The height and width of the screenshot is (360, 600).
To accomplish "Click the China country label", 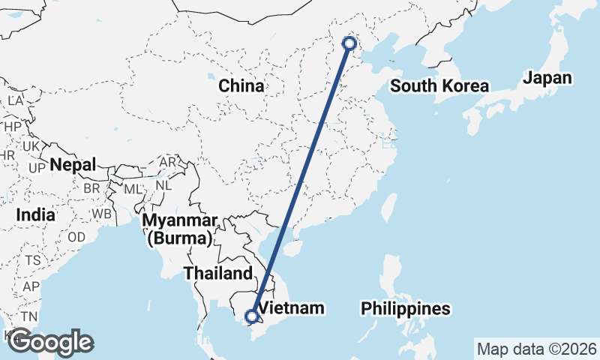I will point(241,85).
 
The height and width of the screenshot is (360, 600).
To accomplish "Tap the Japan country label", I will point(547,78).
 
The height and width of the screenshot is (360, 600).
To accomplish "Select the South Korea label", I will point(439,86).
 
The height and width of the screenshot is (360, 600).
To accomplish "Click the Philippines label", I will point(406,308).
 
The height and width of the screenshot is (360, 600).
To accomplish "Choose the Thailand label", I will point(218,273).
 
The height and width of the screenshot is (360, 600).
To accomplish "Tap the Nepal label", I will point(73,165).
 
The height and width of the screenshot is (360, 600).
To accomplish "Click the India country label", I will point(35,214).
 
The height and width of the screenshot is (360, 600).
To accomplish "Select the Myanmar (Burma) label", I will point(180,229).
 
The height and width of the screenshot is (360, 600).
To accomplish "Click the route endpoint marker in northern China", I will point(349,43).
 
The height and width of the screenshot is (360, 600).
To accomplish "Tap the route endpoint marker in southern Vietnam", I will point(252,316).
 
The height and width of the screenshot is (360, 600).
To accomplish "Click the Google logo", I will point(50,342).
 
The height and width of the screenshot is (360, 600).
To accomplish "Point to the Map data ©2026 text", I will point(537,349).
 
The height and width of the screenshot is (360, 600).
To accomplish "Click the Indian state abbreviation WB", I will point(102,214).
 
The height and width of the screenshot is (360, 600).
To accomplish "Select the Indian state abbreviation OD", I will point(76,237).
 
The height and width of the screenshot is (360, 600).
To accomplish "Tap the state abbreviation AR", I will point(167,162).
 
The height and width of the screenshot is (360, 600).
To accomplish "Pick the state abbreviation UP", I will point(36,167).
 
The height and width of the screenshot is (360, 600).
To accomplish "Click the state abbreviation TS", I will point(32,260).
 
